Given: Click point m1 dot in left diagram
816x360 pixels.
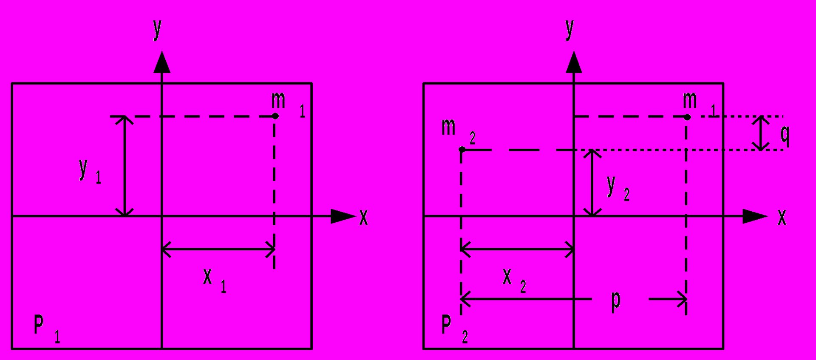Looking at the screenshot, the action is pos(275,116).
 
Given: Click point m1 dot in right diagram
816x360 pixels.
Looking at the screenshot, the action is pos(687,117).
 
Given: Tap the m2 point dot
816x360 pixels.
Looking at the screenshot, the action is pos(462,150).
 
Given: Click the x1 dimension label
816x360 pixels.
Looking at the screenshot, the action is pos(215,281).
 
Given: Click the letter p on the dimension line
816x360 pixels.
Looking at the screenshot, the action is pos(616,301).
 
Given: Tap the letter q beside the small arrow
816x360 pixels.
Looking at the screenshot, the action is pos(785,135).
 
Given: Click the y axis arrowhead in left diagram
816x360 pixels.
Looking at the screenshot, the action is pos(161,62).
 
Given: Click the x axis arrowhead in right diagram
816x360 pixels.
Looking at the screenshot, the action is pos(755,216).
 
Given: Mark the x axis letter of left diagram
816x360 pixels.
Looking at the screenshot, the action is pos(364,218).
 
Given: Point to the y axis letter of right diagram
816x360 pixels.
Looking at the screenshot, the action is pos(570,29).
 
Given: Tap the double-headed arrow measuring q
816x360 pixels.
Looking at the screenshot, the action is pos(761,133).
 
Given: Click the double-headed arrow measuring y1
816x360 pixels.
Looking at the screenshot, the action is pos(125,166).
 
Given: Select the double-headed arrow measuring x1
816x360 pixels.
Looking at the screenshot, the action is pos(218,249).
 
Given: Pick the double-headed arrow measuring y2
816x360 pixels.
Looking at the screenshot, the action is pos(592,183).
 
